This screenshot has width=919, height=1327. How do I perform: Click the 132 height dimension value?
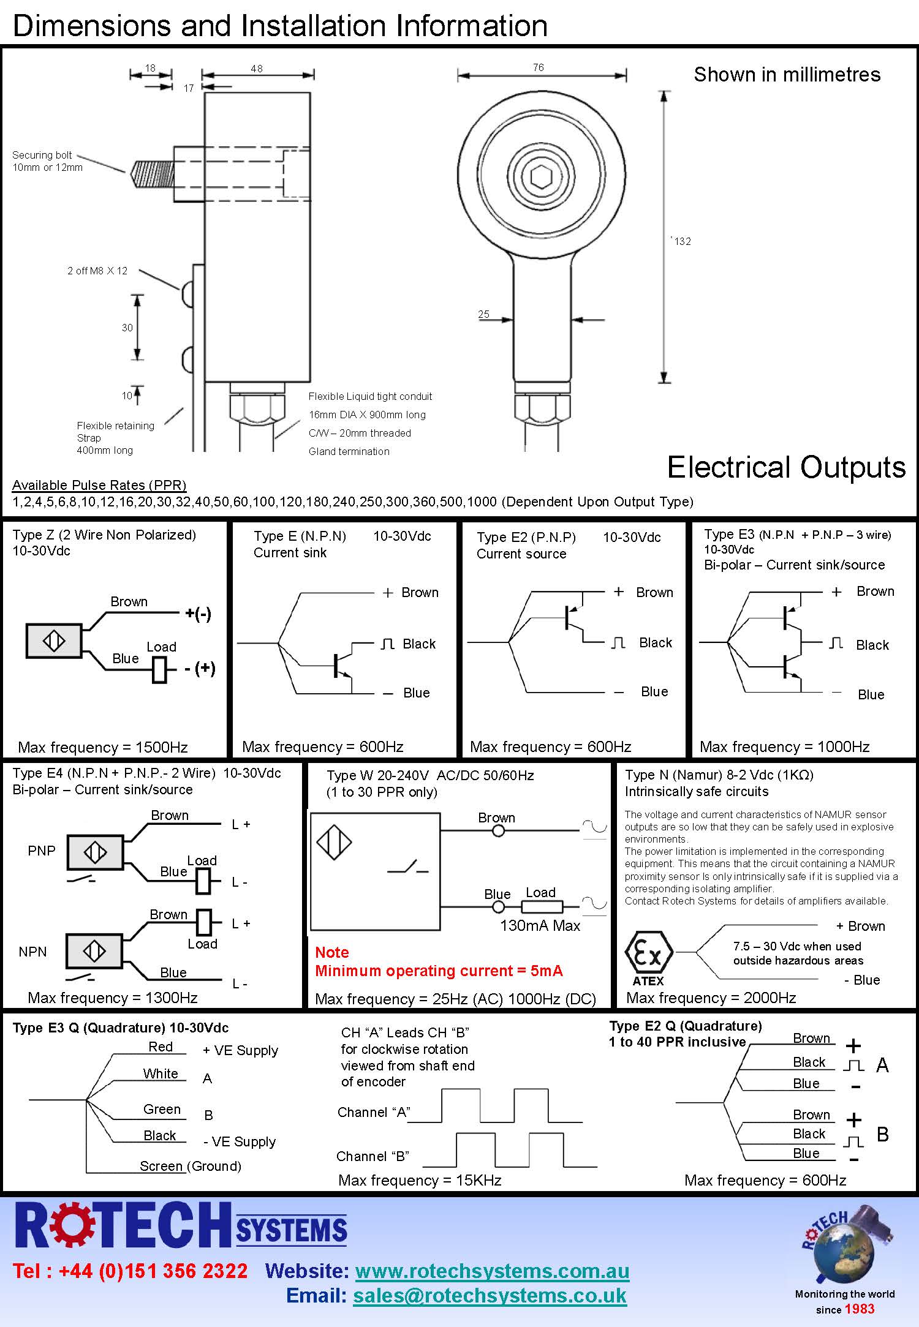click(x=683, y=241)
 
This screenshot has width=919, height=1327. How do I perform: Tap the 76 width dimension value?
click(x=538, y=67)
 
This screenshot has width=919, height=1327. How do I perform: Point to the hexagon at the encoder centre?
click(x=541, y=178)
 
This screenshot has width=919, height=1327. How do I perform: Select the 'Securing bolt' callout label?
click(x=42, y=156)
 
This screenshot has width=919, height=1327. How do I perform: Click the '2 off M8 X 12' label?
click(x=97, y=271)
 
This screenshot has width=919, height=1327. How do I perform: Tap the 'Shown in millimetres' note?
click(x=787, y=75)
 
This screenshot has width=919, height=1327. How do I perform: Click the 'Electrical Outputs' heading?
click(x=786, y=467)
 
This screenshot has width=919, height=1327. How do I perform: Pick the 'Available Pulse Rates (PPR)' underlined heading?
click(x=99, y=485)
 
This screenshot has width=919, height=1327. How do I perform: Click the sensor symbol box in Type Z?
click(x=54, y=641)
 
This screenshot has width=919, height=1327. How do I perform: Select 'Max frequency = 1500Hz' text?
click(x=103, y=747)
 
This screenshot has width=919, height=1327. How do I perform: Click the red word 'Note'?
click(x=331, y=952)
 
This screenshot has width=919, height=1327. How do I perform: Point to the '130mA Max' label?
click(x=540, y=925)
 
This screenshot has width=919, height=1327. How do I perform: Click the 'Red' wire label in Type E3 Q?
click(x=161, y=1047)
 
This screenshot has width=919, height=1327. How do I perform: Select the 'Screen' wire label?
click(x=161, y=1166)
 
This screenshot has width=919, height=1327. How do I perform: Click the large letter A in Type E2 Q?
click(x=882, y=1066)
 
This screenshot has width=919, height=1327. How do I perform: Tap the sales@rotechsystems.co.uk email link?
click(x=490, y=1295)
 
